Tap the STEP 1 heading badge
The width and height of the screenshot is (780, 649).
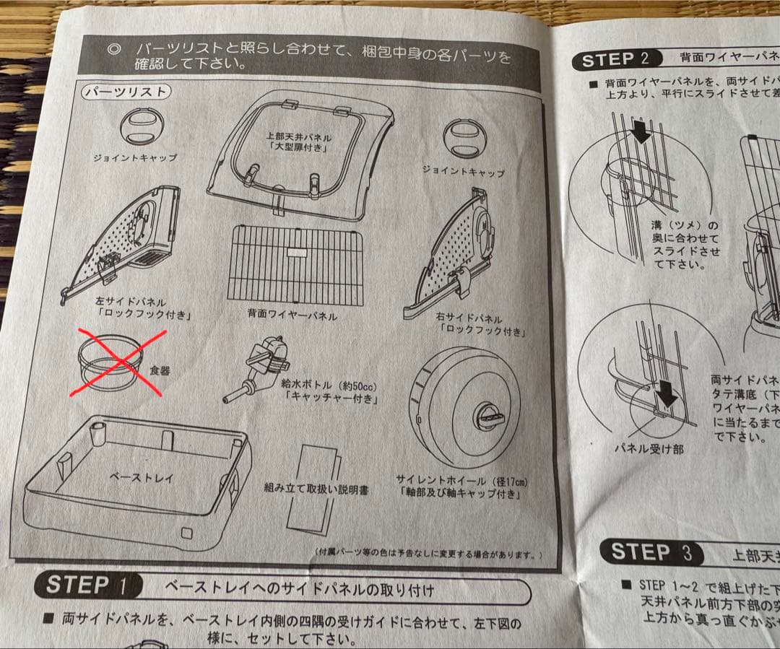[x=88, y=584]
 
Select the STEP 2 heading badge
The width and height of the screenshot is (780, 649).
[x=620, y=59]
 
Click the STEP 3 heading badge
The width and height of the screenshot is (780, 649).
[x=649, y=553]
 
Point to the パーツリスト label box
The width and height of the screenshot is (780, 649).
[x=126, y=92]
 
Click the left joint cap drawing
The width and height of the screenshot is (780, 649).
[x=142, y=126]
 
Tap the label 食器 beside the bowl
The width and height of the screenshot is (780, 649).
[x=160, y=370]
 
